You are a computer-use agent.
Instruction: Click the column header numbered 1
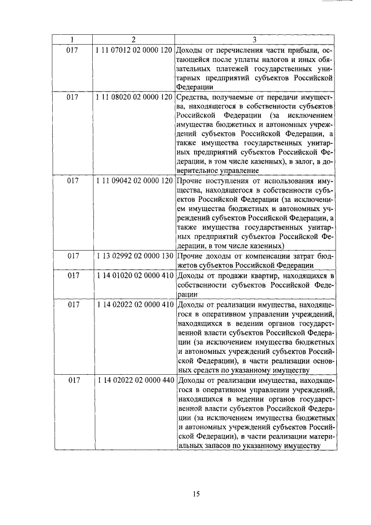[71, 40]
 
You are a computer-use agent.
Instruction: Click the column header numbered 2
[133, 40]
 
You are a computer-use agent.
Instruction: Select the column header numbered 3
[254, 40]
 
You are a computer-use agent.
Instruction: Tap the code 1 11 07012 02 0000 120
[134, 50]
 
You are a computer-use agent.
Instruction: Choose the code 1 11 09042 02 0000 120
[134, 181]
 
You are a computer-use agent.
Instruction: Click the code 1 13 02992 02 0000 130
[134, 256]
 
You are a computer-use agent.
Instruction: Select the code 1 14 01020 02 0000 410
[134, 275]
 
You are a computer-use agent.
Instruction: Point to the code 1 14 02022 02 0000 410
[134, 303]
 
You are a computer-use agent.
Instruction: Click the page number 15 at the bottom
[196, 494]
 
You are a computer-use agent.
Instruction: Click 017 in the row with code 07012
[72, 50]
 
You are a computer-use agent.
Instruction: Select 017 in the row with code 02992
[72, 256]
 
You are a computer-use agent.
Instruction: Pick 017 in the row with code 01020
[72, 275]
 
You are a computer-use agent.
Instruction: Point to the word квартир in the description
[250, 275]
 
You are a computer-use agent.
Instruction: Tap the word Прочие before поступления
[190, 181]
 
